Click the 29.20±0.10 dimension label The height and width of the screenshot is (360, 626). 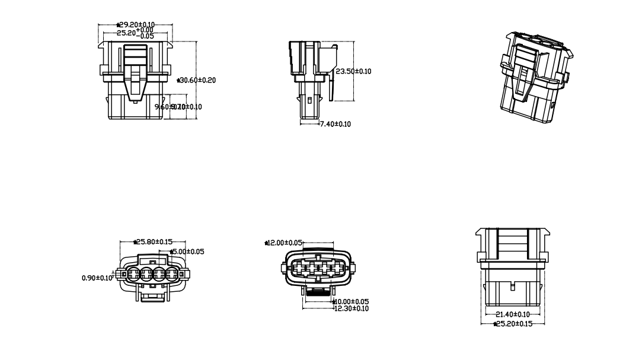tap(136, 25)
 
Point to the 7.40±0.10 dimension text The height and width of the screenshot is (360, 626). tap(336, 124)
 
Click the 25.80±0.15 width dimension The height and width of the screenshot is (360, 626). tap(153, 242)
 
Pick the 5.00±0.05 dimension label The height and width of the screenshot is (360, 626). tap(188, 251)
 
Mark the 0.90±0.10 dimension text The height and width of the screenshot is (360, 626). tap(97, 277)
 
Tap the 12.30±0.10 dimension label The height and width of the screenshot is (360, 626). tap(352, 308)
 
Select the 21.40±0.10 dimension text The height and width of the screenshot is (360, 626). tap(513, 314)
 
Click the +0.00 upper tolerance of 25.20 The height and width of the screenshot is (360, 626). tap(143, 30)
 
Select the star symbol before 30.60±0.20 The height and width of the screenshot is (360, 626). tap(179, 79)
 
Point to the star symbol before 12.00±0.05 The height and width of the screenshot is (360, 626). tap(267, 243)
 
